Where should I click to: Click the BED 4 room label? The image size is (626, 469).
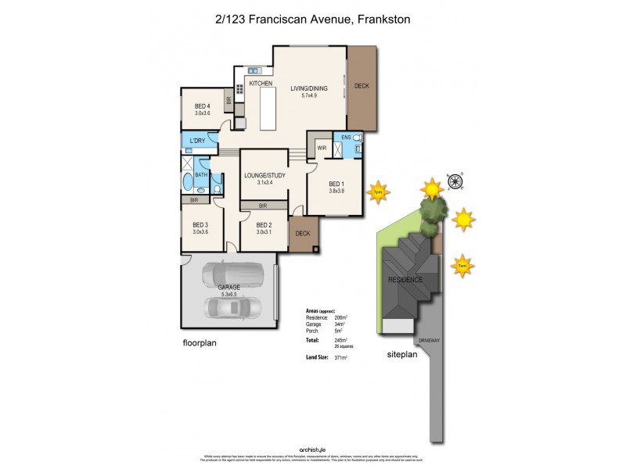[203, 106]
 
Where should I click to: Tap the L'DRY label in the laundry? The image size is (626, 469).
[198, 141]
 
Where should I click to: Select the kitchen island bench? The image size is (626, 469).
[268, 108]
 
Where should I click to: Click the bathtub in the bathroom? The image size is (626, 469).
[188, 182]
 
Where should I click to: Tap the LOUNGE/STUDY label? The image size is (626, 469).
[264, 175]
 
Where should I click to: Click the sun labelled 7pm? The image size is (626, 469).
[379, 192]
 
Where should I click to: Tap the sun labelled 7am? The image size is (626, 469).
[462, 266]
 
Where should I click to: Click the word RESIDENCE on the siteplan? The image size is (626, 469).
[405, 279]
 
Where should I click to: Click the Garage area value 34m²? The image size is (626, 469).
[340, 324]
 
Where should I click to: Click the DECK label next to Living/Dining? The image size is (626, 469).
[362, 86]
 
